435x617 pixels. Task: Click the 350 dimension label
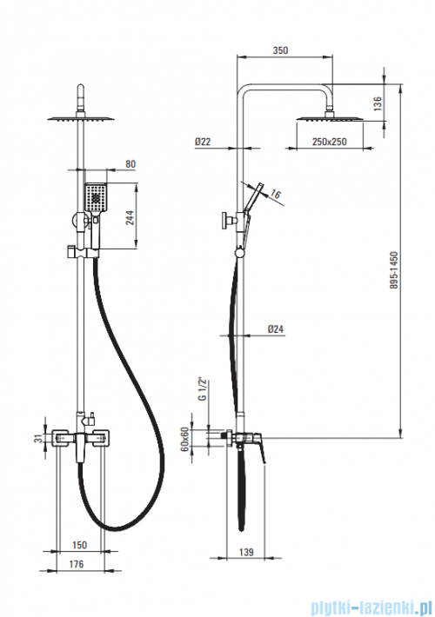[x=280, y=50]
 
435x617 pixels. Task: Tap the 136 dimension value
[x=378, y=103]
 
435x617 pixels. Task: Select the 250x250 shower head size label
[x=330, y=142]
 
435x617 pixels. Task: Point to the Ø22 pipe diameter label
[x=203, y=142]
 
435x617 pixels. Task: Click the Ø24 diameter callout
[x=276, y=329]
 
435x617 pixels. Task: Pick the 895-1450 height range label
[x=394, y=270]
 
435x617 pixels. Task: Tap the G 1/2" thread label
[x=203, y=390]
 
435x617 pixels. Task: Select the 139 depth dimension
[x=246, y=553]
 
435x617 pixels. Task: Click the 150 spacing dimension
[x=79, y=545]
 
